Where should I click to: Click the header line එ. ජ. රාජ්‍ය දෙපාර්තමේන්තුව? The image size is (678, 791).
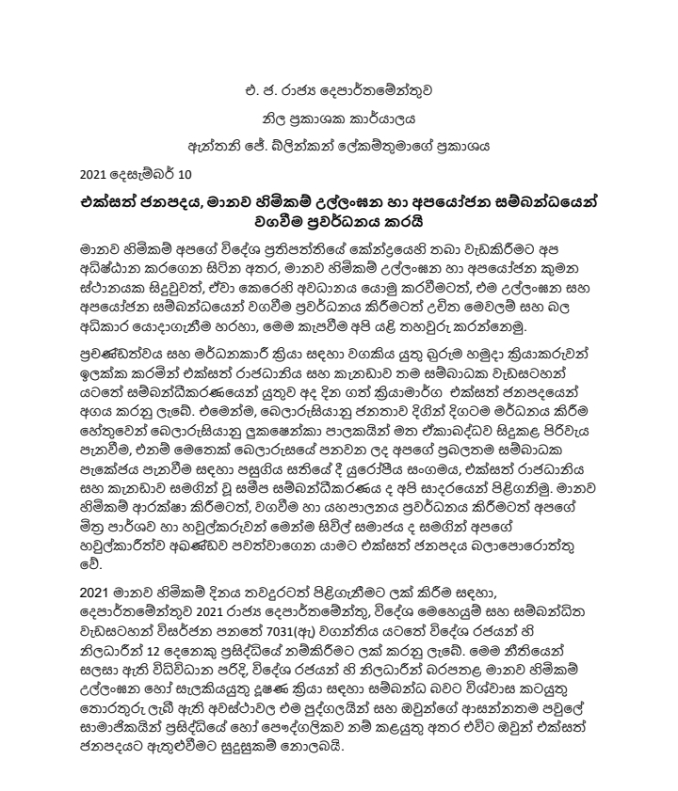338,93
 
